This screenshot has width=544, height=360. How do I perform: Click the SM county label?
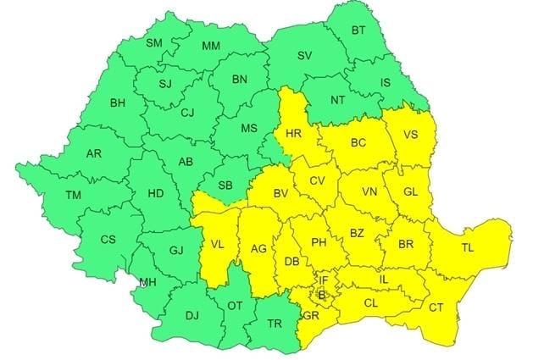[x=153, y=43]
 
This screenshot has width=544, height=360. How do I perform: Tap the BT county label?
[x=358, y=31]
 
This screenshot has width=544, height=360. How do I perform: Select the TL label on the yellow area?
[x=467, y=248]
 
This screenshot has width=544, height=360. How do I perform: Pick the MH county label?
[x=147, y=282]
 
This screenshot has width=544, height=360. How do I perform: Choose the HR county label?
[x=294, y=134]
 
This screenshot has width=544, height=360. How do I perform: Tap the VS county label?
[x=410, y=134]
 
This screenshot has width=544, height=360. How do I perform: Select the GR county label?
[x=310, y=314]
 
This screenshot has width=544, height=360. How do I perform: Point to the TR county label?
[x=275, y=324]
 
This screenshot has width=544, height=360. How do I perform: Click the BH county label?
[x=118, y=104]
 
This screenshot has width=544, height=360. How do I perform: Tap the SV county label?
[x=304, y=56]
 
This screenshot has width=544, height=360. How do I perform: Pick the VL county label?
[x=217, y=246]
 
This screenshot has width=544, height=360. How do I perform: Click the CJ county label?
[x=187, y=111]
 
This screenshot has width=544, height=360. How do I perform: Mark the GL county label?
[x=411, y=192]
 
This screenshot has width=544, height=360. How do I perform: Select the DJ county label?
[x=192, y=316]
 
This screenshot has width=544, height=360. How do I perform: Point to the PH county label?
[x=319, y=243]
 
